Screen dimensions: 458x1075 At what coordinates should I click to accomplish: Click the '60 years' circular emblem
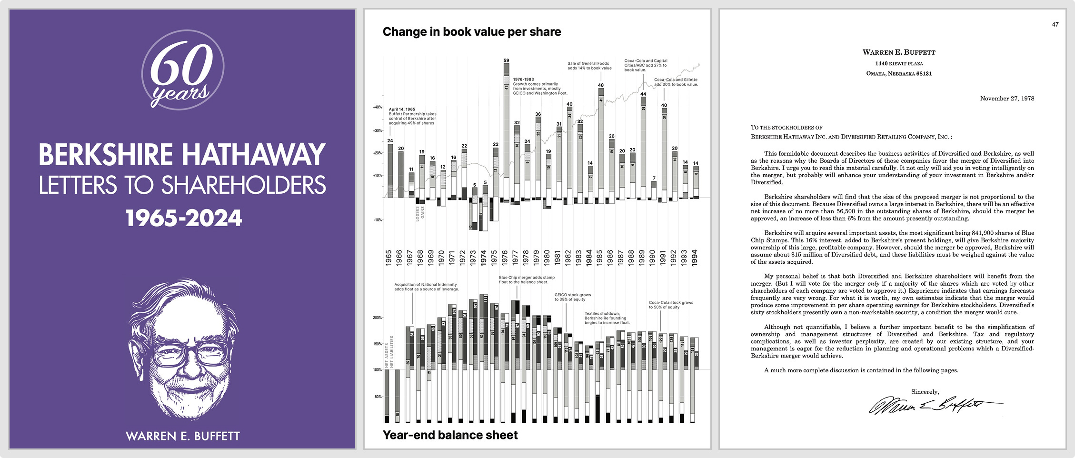(x=183, y=70)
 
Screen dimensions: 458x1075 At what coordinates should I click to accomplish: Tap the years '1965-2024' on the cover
(x=184, y=218)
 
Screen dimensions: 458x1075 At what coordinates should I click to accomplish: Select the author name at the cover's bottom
(x=183, y=436)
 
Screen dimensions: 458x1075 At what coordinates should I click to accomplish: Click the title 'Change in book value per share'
(x=471, y=32)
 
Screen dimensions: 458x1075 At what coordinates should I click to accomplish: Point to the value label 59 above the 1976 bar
(x=506, y=60)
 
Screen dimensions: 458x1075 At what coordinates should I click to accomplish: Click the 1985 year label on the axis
(x=600, y=258)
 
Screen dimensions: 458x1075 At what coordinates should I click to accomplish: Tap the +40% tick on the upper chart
(x=378, y=107)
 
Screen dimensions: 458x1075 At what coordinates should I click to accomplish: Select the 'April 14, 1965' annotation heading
(x=402, y=110)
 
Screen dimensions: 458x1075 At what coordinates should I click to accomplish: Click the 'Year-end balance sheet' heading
(x=450, y=435)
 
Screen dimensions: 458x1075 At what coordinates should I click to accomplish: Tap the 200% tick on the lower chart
(x=378, y=318)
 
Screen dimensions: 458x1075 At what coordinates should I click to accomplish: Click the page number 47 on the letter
(x=1055, y=24)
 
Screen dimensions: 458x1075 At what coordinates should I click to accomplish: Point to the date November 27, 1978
(x=1007, y=99)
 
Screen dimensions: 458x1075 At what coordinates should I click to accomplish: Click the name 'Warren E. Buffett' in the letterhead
(x=899, y=52)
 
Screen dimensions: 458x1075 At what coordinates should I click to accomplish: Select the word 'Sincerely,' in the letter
(x=925, y=392)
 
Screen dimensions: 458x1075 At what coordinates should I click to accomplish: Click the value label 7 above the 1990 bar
(x=654, y=178)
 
